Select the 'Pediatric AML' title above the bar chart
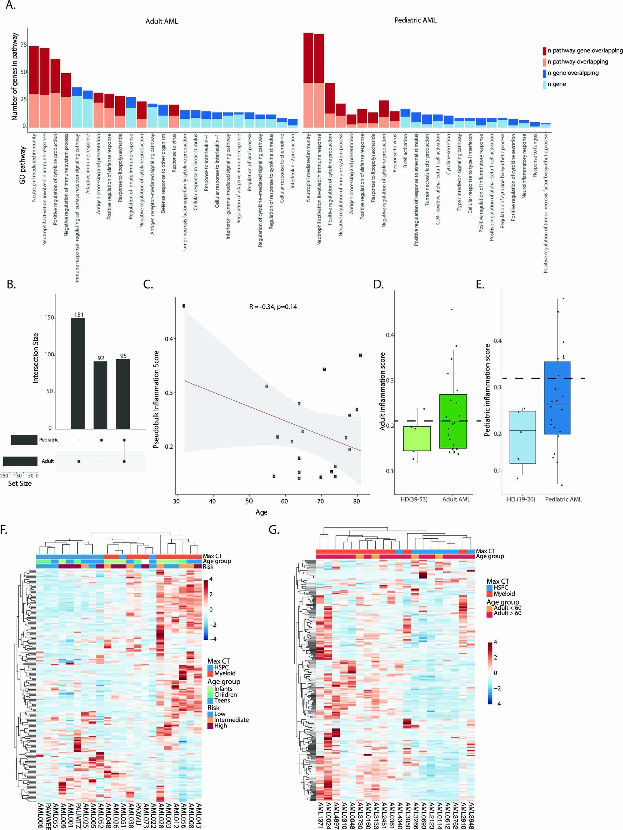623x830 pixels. point(415,20)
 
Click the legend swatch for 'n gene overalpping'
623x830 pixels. point(544,73)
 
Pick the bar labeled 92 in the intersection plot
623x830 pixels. point(101,395)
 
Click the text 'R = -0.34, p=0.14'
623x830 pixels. point(273,307)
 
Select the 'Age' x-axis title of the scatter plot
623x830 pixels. point(261,512)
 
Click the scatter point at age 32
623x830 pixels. point(184,306)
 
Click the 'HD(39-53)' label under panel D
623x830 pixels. point(414,499)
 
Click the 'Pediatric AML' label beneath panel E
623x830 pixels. point(563,499)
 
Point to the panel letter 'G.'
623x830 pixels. point(274,530)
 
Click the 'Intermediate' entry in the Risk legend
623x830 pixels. point(231,720)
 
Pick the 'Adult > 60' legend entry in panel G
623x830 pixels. point(507,613)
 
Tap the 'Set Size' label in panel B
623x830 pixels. point(20,484)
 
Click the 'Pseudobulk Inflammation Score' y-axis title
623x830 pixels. point(156,399)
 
